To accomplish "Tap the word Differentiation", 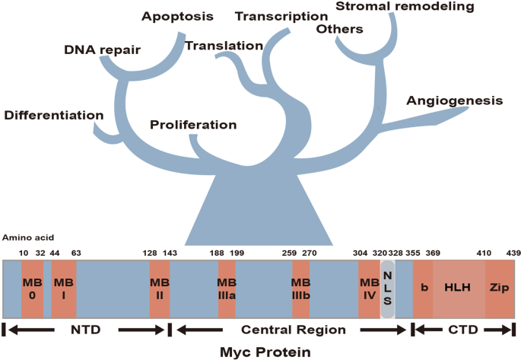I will tap(53, 116).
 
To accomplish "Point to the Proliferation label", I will tap(193, 125).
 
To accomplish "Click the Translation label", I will tap(224, 46).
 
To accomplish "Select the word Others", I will tap(342, 30).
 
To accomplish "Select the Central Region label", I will tap(288, 330).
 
